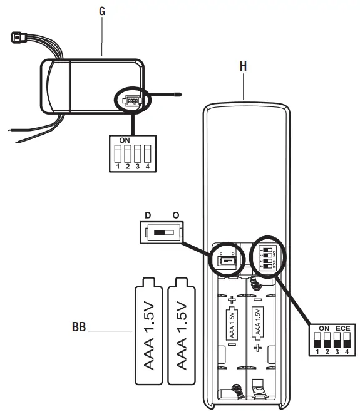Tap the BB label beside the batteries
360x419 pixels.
[79, 326]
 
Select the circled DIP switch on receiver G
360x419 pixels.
[132, 100]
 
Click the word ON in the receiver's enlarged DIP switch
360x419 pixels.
[125, 140]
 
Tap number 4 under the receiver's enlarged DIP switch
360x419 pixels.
[148, 167]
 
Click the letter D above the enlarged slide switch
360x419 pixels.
[148, 215]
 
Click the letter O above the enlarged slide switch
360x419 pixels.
[176, 215]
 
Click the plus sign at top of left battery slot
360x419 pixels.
[232, 299]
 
